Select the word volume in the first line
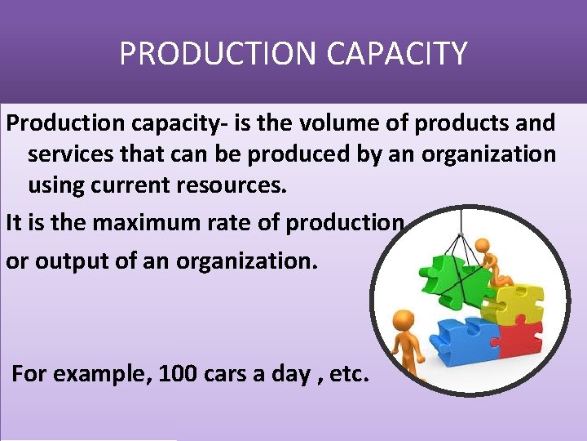329,124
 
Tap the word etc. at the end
348,375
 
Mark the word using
55,185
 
